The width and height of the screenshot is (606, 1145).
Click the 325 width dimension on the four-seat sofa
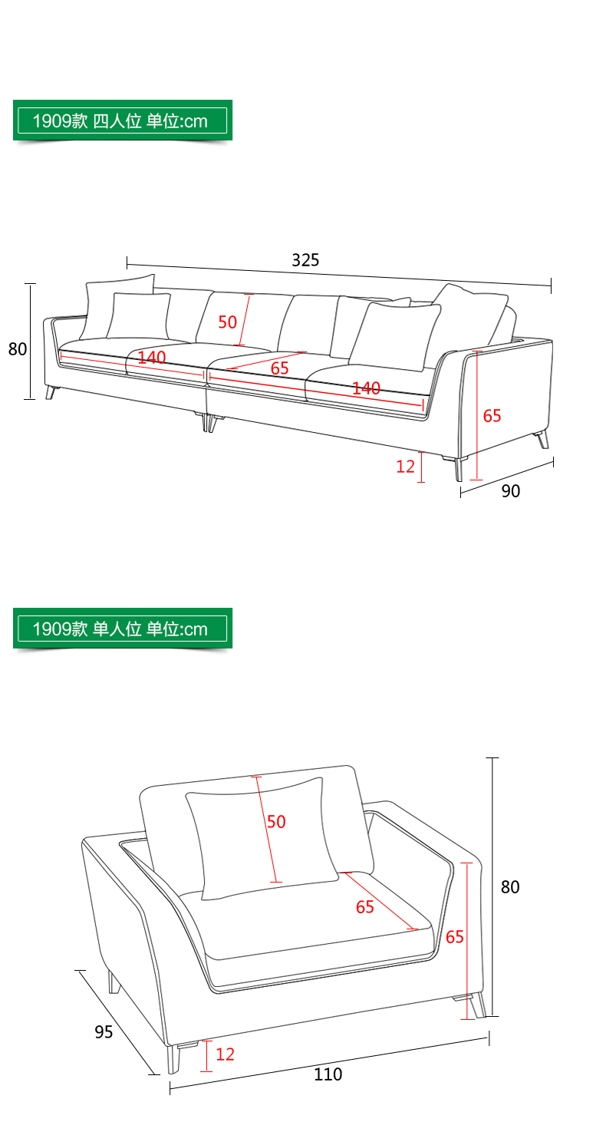point(305,260)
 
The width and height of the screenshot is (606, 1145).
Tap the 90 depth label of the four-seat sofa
point(510,490)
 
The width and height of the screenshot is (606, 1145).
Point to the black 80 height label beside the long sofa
point(18,349)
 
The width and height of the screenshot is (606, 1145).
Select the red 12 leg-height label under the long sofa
point(405,466)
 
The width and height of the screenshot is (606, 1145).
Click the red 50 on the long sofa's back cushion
point(227,322)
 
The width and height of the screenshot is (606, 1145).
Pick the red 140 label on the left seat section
point(152,357)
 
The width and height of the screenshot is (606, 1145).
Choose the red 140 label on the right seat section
point(366,388)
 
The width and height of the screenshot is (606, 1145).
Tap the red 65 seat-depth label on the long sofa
point(279,368)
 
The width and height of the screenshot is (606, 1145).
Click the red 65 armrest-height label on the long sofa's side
point(492,416)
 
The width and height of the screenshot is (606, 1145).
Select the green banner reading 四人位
point(123,120)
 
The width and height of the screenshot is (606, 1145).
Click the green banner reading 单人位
point(123,629)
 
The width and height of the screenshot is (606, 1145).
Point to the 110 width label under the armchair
point(328,1074)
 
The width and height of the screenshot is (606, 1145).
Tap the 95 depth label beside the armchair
point(104,1031)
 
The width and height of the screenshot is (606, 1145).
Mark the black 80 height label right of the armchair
point(510,886)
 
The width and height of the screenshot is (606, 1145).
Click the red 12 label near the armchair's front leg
point(225,1054)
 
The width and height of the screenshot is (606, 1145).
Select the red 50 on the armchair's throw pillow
point(276,821)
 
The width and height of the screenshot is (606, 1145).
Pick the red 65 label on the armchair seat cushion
point(365,907)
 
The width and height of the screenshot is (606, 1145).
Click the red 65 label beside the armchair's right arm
point(454,936)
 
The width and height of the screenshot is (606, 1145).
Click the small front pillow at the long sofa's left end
point(139,316)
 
